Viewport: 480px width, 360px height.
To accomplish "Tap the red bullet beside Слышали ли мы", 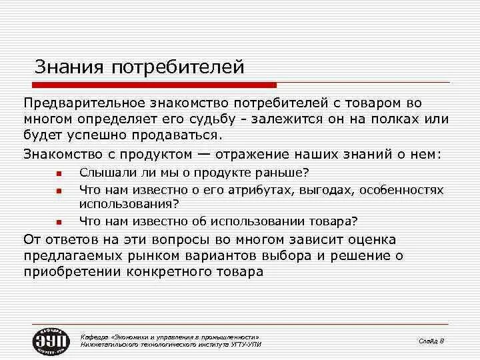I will pos(59,174).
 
